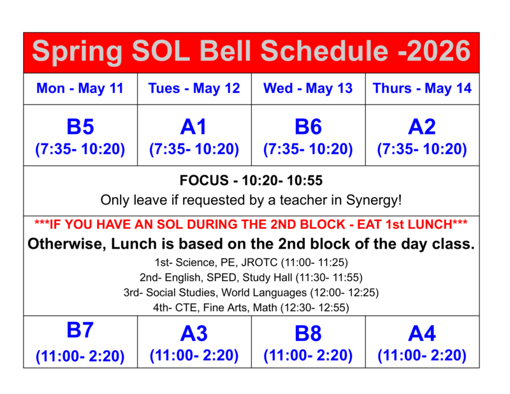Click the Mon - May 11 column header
[80, 89]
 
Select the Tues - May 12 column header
[194, 89]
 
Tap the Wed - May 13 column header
[308, 89]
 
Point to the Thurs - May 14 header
[422, 89]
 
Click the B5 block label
[80, 127]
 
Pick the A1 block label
[194, 127]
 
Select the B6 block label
[308, 127]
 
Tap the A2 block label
[422, 127]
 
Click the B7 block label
[80, 330]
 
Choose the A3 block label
[194, 333]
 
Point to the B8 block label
[308, 333]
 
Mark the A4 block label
[422, 333]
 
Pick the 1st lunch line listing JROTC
[252, 262]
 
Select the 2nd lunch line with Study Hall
[252, 277]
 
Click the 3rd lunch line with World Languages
[252, 293]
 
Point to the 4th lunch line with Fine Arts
[252, 307]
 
